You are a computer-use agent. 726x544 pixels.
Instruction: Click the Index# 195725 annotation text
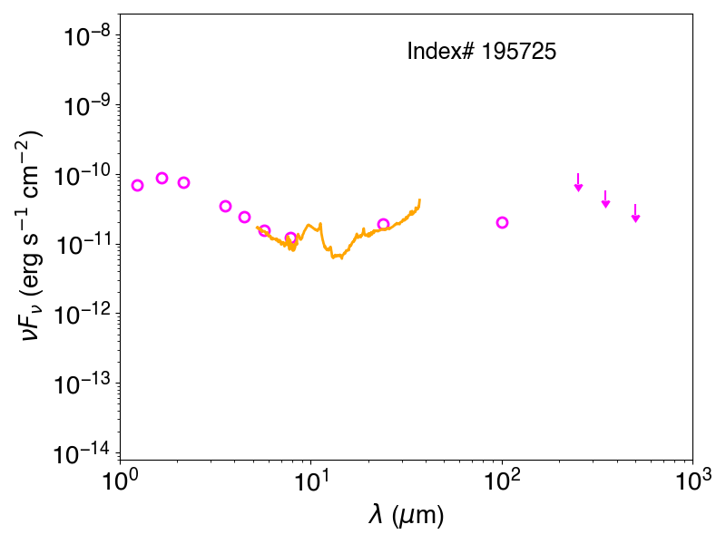[x=482, y=51]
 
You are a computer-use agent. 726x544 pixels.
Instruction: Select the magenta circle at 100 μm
[x=502, y=222]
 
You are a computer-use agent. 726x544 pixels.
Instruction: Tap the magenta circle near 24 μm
[x=383, y=224]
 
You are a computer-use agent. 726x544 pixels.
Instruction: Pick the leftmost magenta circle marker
[x=138, y=185]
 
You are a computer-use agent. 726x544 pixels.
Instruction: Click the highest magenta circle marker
[x=162, y=178]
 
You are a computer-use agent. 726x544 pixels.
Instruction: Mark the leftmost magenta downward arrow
[x=578, y=182]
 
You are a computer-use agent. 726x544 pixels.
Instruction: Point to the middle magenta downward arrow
[x=605, y=199]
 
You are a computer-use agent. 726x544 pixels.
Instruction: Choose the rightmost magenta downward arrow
[x=636, y=213]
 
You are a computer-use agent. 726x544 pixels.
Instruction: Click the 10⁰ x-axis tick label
[x=120, y=481]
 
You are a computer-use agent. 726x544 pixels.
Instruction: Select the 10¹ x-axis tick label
[x=310, y=481]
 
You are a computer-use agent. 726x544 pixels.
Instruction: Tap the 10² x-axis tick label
[x=502, y=481]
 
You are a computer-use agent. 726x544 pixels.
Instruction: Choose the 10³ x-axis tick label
[x=692, y=481]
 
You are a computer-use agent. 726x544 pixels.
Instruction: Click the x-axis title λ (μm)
[x=406, y=515]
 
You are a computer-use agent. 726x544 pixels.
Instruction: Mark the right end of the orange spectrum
[x=419, y=199]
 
